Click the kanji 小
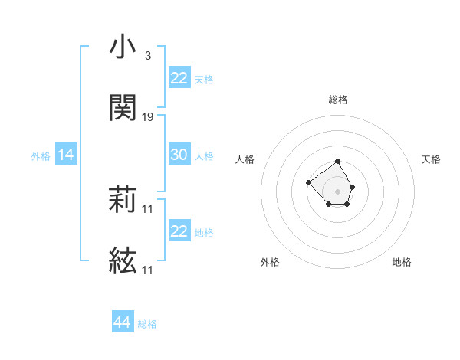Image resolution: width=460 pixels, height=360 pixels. coord(123,47)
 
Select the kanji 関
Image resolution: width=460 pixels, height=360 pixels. coord(123,108)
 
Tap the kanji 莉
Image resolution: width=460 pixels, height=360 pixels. coord(123,200)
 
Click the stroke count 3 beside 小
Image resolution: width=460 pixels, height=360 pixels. coord(147,56)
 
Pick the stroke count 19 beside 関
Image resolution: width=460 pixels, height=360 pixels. coord(148,117)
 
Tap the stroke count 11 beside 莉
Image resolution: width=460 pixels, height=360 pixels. coord(148,208)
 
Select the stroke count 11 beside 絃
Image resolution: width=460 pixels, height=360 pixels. coord(148,270)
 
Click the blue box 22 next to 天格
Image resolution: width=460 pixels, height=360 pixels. coord(179,78)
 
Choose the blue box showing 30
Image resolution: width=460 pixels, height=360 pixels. coord(179,155)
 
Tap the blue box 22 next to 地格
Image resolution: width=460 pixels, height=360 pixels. coord(179,231)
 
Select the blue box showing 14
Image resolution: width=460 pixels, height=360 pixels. coord(66,155)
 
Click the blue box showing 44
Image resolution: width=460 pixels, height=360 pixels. coord(122,322)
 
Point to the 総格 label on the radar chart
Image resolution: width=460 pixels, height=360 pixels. coord(338,100)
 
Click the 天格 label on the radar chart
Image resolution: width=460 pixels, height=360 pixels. coord(431,159)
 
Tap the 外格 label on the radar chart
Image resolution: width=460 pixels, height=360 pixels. coord(270,262)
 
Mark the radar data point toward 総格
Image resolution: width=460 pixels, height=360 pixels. coord(338,162)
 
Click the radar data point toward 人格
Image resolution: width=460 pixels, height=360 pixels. coord(308,182)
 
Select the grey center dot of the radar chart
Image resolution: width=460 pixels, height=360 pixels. coord(338,191)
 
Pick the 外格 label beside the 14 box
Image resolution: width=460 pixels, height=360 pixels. coord(41,156)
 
